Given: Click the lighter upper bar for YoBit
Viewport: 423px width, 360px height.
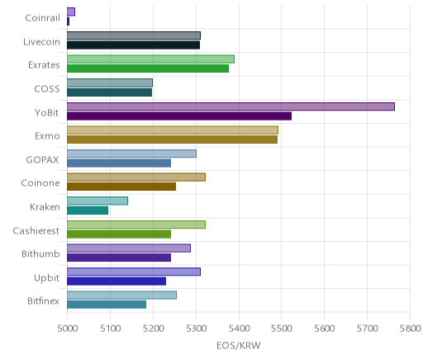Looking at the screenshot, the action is click(231, 107).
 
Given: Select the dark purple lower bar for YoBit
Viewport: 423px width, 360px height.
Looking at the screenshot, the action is click(179, 116).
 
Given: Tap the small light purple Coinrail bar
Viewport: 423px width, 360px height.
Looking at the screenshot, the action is click(71, 12).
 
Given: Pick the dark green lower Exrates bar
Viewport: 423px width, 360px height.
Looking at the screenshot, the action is click(148, 69).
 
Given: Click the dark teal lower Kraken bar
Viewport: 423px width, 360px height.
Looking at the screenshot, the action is click(88, 211).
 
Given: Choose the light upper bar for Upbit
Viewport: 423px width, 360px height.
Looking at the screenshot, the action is click(134, 272).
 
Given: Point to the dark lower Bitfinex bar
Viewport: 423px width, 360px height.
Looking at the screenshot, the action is click(107, 305).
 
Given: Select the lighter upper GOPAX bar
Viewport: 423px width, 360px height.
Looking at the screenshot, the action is click(131, 154).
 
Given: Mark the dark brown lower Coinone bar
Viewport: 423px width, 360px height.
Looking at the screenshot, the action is click(121, 187).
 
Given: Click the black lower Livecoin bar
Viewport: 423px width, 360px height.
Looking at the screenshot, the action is click(134, 45).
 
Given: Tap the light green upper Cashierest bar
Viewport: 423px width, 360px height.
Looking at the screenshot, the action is click(136, 225).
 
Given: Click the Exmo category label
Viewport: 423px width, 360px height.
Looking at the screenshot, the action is click(47, 136).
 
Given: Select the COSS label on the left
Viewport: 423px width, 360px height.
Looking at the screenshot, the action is click(47, 89).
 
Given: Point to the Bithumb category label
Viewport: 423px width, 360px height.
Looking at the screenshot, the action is click(40, 253).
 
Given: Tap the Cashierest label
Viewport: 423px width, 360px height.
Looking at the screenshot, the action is click(36, 230).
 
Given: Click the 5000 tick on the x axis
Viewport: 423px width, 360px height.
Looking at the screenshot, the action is click(68, 329).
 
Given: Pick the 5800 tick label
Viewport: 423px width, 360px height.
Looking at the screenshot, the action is click(410, 329).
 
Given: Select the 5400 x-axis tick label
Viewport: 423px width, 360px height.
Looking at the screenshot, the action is click(239, 329).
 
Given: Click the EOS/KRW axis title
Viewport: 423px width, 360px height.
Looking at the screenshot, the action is click(239, 346).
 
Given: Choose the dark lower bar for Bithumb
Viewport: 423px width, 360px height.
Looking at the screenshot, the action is click(119, 258).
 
